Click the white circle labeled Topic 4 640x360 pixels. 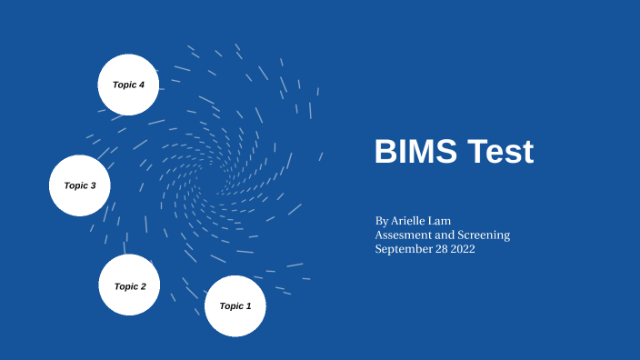pos(128,85)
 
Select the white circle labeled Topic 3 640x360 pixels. pos(79,185)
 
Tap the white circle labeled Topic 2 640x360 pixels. pos(129,285)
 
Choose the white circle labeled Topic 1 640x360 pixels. pos(235,306)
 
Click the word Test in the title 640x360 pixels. pos(500,152)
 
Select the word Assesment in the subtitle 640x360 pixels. pos(404,235)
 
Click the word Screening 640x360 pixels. pos(483,235)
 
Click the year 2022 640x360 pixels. pos(461,248)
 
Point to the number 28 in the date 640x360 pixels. pos(439,248)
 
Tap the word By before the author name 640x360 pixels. pos(382,221)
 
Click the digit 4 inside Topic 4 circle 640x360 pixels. pos(142,85)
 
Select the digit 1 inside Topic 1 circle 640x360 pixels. pos(248,306)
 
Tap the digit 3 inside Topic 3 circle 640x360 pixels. pos(93,185)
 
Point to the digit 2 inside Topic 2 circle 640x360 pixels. pos(143,286)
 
